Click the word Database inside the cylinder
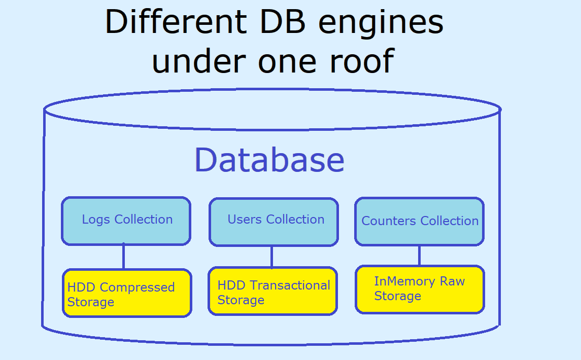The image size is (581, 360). [x=269, y=160]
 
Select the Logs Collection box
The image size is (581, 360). [x=126, y=221]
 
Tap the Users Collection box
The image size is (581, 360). [x=274, y=222]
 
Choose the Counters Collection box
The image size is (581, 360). [x=419, y=222]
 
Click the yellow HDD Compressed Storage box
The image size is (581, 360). [x=127, y=293]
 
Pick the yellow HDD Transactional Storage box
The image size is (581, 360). [x=272, y=292]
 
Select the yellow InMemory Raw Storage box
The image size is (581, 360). [x=420, y=289]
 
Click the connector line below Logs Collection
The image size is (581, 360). [x=123, y=257]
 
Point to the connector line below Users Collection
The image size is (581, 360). [x=271, y=257]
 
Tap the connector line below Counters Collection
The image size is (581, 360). [x=419, y=255]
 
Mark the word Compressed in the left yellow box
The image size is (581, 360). [x=137, y=287]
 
